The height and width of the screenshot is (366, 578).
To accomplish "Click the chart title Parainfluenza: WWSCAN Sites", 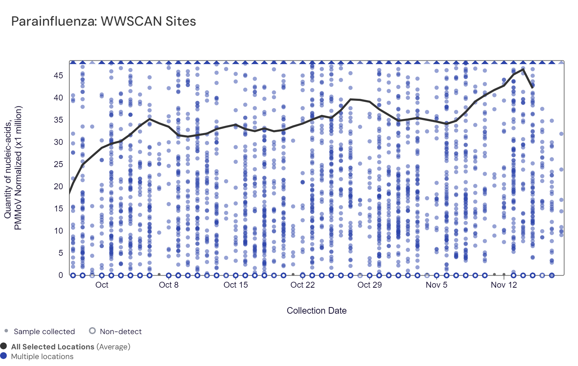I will coord(103,21).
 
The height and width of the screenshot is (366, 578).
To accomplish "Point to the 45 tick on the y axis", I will coord(58,76).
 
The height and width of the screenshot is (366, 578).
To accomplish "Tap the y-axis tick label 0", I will coord(61,275).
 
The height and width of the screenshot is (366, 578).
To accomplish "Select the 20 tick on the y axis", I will coord(58,186).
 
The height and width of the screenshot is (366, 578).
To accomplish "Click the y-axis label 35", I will coord(58,120).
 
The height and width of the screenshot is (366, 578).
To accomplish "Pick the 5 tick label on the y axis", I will coord(61,253).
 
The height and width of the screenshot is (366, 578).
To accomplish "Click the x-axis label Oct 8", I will coord(168,285).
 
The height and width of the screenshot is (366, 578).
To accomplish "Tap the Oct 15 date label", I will coord(236,285).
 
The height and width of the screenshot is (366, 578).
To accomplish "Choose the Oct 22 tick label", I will coord(303,285).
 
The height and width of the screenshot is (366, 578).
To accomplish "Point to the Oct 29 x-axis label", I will coord(369,285).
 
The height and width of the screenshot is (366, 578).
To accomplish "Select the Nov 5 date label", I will coord(436,285).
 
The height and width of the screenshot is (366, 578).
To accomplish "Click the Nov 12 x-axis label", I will coord(503,285).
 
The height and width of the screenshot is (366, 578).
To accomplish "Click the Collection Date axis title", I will coord(316,311).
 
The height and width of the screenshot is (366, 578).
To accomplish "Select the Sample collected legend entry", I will coord(44,332).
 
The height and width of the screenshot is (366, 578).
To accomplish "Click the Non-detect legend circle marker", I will coord(92,331).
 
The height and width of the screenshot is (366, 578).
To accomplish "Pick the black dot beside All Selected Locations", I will coord(3,346).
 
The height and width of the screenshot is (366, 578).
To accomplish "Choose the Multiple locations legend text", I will coord(42,357).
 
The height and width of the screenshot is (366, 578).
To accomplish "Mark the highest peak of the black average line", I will coord(523,69).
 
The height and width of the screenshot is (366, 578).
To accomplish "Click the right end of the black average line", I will coord(533,88).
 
